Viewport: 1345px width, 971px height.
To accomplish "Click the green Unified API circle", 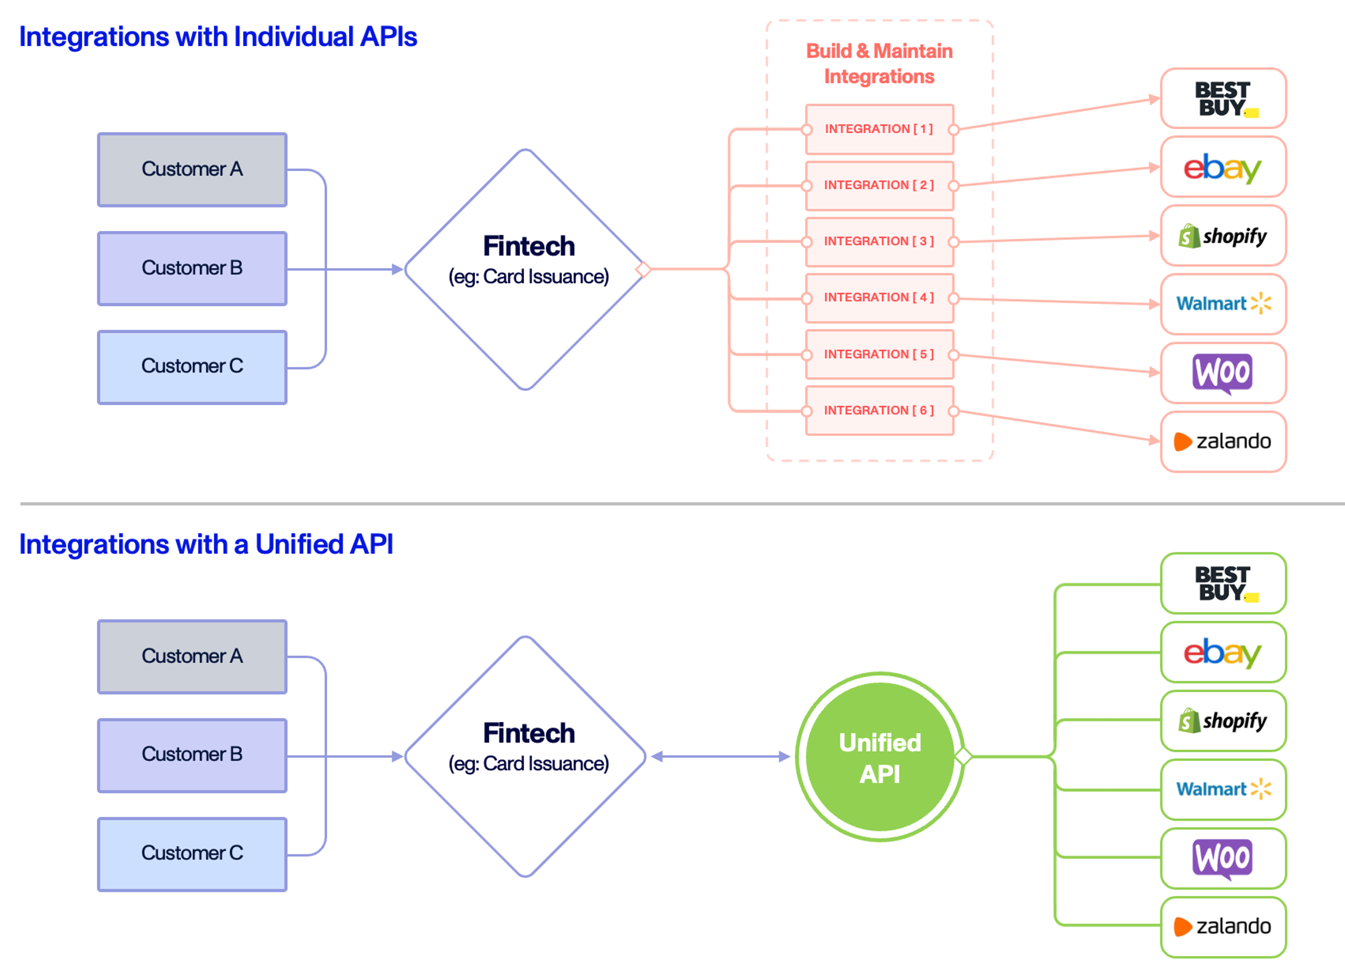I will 880,757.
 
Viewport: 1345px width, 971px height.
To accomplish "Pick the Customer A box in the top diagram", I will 192,170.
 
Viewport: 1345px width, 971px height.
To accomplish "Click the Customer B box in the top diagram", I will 192,268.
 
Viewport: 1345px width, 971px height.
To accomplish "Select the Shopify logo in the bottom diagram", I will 1222,721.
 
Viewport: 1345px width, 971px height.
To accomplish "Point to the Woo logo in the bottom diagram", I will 1222,858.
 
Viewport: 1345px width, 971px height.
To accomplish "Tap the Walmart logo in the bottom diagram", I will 1222,789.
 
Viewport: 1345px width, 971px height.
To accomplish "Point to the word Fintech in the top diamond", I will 529,246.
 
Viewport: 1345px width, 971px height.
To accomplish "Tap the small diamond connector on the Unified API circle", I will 963,757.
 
